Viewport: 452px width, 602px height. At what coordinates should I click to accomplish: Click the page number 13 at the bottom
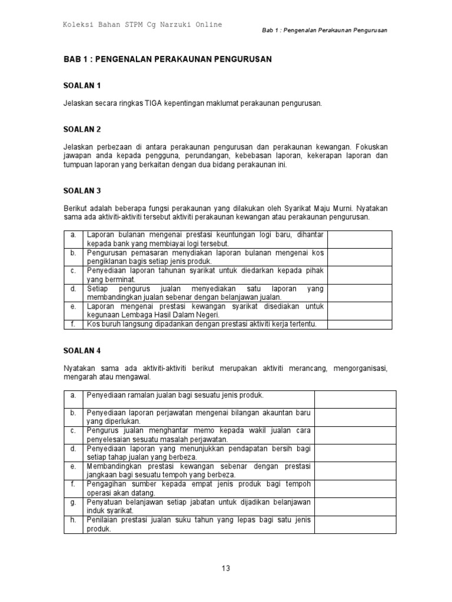(x=226, y=568)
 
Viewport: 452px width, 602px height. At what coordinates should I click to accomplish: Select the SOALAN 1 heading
(x=82, y=85)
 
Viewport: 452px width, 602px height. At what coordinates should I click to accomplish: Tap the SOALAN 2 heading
(x=82, y=129)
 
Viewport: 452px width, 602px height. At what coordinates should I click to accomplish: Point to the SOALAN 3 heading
(x=82, y=190)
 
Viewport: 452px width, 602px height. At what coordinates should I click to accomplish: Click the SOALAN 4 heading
(x=82, y=350)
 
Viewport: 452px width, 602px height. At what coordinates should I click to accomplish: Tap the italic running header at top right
(x=324, y=30)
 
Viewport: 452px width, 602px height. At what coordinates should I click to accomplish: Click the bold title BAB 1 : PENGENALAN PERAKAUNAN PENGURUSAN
(x=168, y=60)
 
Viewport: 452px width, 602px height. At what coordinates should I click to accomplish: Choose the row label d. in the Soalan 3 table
(x=74, y=289)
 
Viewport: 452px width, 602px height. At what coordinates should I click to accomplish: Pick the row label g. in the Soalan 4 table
(x=74, y=503)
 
